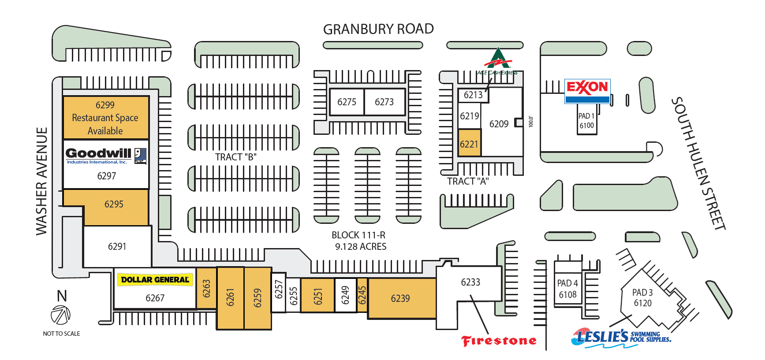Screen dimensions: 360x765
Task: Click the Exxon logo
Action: tap(587, 88)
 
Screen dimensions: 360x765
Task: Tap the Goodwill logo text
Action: tap(98, 153)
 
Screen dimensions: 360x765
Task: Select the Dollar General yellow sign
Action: tap(155, 279)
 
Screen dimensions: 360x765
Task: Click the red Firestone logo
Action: tap(499, 341)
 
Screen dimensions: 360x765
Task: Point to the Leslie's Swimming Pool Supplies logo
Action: tap(621, 338)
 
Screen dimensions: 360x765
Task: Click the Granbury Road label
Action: tap(378, 29)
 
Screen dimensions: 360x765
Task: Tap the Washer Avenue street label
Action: tap(41, 181)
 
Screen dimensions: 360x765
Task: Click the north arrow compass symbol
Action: tap(60, 315)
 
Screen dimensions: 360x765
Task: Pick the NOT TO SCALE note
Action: tap(61, 334)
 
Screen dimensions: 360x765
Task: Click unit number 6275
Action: tap(347, 102)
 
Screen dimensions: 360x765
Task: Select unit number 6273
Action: tap(384, 102)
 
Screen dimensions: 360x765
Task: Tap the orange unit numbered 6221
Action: tap(469, 144)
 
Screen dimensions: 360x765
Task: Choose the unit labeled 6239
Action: tap(400, 298)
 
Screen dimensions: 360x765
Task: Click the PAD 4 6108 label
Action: tap(567, 289)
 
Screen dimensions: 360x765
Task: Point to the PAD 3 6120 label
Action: tap(642, 297)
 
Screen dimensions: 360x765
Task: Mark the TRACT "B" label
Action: tap(235, 157)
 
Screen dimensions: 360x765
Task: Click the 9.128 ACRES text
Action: tap(361, 246)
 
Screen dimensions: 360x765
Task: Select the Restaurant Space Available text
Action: tap(105, 124)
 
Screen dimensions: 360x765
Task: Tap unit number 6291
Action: tap(117, 246)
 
